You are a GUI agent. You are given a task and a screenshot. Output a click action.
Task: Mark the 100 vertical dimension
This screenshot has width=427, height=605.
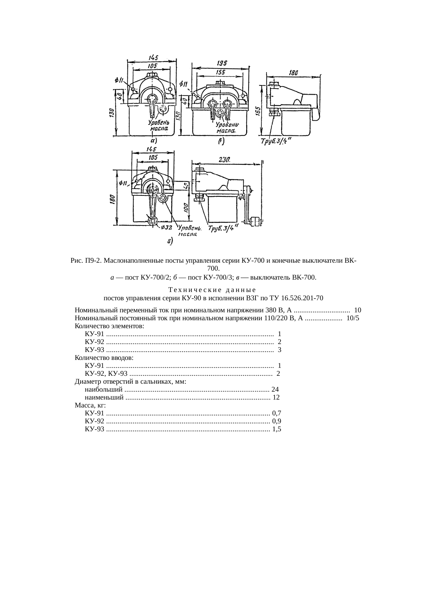tap(186, 208)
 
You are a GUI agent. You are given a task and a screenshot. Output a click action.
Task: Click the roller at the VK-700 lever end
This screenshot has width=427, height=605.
tap(256, 221)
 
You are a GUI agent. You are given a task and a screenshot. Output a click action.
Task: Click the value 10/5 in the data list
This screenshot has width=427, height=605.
tap(353, 318)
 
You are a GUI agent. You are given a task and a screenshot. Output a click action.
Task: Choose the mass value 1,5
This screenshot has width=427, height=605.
tap(277, 429)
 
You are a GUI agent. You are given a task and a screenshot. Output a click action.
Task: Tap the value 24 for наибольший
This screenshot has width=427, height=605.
tap(275, 390)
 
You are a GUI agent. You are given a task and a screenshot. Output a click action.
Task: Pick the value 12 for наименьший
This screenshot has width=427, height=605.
tap(276, 397)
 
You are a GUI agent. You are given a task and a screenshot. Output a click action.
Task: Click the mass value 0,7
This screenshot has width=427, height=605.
tap(277, 413)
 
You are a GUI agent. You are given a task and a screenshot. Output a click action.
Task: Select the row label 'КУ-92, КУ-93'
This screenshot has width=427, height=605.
tap(106, 374)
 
